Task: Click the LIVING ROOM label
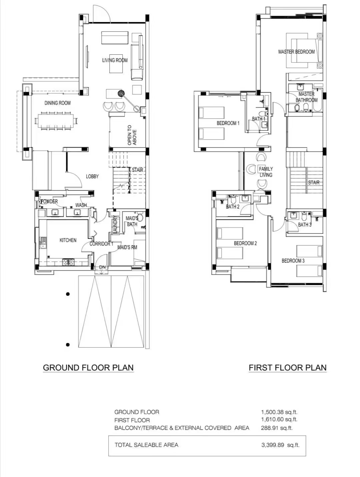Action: [115, 60]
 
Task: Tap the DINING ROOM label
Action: [58, 103]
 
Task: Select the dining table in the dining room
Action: [56, 120]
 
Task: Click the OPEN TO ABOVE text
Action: [132, 135]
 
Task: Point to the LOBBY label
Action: [92, 176]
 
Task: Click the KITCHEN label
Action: [68, 240]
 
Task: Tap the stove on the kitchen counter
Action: [68, 262]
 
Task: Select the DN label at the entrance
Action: [102, 267]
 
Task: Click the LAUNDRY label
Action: [115, 224]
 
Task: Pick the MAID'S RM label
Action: [127, 247]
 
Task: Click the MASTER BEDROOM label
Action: [296, 52]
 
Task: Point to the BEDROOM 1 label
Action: [228, 123]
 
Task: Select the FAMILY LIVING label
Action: [266, 172]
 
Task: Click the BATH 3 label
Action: [305, 224]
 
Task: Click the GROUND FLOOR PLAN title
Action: [88, 368]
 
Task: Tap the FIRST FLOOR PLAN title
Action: [288, 368]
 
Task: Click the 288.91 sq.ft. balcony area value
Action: [277, 428]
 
